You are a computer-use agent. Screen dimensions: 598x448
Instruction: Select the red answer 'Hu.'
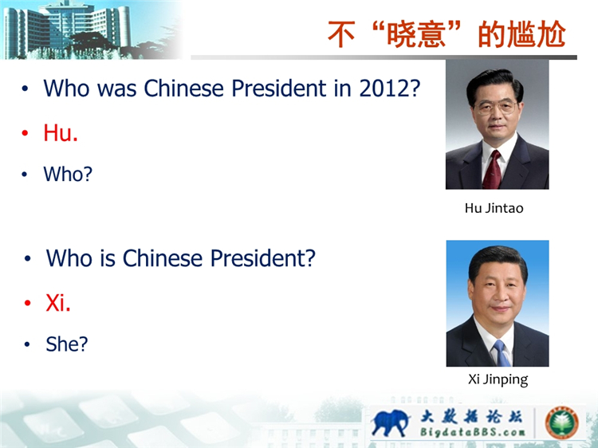pos(61,132)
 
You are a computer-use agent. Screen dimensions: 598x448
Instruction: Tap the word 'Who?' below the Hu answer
pos(68,174)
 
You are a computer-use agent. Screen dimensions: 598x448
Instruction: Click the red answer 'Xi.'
pos(58,303)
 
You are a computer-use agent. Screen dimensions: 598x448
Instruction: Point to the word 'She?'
pos(67,344)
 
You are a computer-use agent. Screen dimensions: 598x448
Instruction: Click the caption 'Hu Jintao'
pos(494,208)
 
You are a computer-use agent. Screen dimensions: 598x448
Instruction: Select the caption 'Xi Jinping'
pos(498,379)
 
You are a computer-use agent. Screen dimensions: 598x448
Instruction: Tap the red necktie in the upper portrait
pos(493,170)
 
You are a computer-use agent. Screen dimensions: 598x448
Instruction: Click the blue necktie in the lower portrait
pos(502,353)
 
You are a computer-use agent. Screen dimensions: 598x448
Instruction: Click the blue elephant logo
pos(390,422)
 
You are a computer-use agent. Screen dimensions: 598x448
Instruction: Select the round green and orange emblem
pos(561,422)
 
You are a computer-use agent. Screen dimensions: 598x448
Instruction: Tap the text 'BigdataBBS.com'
pos(472,432)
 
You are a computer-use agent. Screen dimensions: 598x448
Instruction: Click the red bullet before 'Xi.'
pos(27,303)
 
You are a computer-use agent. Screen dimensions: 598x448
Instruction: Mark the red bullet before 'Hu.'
pos(26,132)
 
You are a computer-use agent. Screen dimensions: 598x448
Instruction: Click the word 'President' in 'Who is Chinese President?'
pos(263,258)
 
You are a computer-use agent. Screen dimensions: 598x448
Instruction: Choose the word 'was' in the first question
pos(116,88)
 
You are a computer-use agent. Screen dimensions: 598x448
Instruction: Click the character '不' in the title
pos(342,34)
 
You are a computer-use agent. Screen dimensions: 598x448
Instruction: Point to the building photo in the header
pos(92,29)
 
